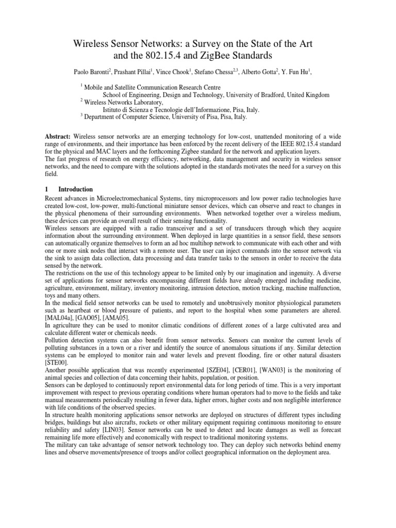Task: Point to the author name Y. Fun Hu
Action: click(299, 72)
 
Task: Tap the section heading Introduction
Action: click(75, 189)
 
